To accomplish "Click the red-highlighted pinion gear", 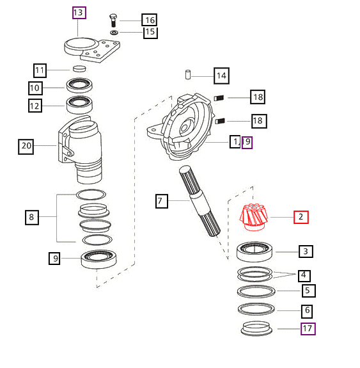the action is coord(254,218).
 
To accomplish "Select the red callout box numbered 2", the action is coord(301,217).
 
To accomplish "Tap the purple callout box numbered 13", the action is coord(79,13).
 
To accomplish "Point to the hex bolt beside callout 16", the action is coord(113,20).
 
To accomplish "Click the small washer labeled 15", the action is coord(114,32).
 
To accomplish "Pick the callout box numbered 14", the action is coord(221,76).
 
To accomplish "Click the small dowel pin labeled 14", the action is coord(188,74).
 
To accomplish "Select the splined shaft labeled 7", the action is coord(200,201).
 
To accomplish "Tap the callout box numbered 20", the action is coord(26,147).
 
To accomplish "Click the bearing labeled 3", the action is coord(254,252).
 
